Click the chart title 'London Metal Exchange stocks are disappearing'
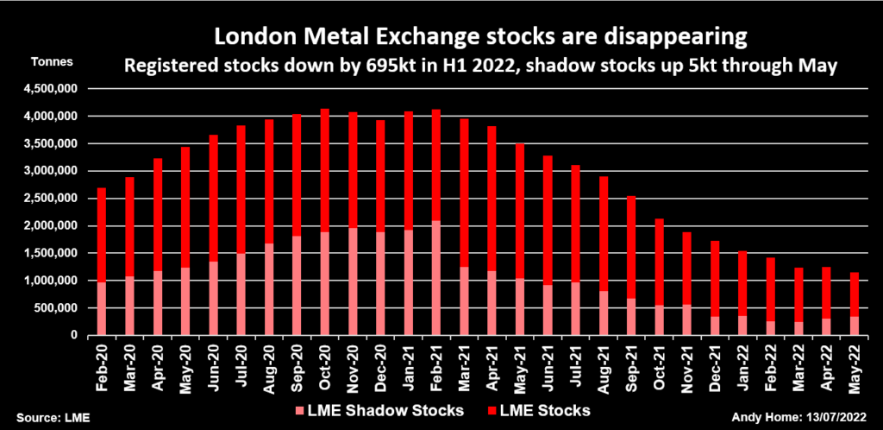pos(479,37)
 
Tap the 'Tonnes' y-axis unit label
pos(52,62)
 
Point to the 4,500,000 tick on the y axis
pos(51,89)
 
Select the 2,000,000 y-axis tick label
pos(51,226)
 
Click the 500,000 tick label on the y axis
pos(57,308)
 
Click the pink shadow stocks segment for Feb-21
pos(436,278)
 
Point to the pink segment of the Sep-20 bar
pos(297,285)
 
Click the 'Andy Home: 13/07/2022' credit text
pos(806,417)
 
